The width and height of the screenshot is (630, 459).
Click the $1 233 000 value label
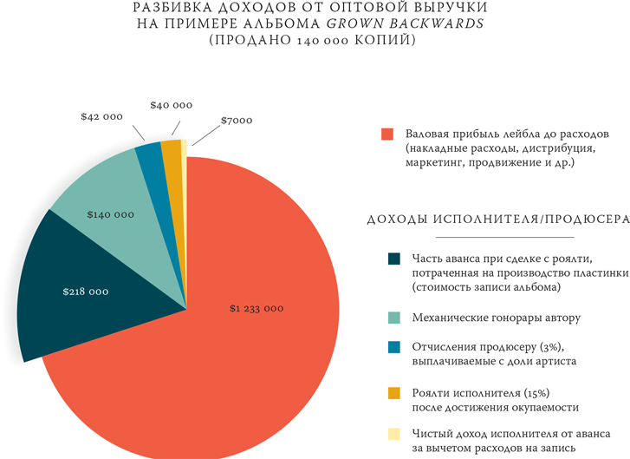(x=257, y=308)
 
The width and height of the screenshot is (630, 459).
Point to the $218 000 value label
(x=86, y=292)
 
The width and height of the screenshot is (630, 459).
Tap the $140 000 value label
(x=111, y=213)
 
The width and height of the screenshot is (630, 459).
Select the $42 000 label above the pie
(x=101, y=115)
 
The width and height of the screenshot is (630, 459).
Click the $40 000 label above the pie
(x=171, y=104)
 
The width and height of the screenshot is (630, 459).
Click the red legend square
(x=388, y=134)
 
